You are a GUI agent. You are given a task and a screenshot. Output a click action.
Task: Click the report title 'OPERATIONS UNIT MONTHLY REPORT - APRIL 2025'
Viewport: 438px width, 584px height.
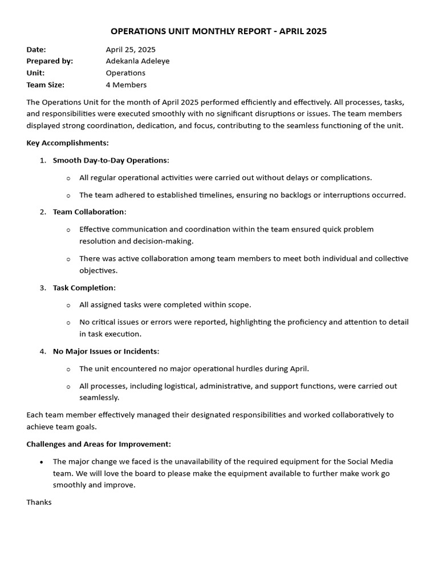point(218,31)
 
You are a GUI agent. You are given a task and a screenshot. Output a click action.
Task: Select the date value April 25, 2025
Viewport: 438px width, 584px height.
point(131,50)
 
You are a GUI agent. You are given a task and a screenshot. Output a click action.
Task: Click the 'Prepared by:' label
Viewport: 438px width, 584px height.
point(50,61)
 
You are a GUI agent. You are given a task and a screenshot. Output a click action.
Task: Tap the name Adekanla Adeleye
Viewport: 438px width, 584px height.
point(137,61)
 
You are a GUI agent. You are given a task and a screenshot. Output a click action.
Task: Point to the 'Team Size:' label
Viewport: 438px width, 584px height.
point(45,85)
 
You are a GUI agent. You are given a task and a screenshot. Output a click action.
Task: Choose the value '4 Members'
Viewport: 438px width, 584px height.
point(126,85)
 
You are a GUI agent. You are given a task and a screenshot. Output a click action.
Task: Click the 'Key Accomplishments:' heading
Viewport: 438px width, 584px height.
point(67,143)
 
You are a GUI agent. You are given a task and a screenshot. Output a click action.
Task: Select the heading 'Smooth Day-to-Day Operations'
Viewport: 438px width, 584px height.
point(111,160)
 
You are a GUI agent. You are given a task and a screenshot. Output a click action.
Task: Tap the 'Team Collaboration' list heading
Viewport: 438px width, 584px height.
point(89,212)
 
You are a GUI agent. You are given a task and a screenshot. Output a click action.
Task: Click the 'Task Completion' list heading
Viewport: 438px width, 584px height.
point(84,287)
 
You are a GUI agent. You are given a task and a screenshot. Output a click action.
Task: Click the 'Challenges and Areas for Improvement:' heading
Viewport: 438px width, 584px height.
point(99,444)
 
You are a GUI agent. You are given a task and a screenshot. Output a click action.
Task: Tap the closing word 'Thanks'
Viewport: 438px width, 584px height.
point(39,502)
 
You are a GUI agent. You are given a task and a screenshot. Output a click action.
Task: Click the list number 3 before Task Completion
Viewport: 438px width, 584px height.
point(42,287)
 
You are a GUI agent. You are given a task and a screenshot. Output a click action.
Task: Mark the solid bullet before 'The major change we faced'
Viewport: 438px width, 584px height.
point(41,461)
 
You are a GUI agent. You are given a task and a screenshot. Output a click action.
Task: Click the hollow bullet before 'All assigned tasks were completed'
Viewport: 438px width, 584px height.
point(68,305)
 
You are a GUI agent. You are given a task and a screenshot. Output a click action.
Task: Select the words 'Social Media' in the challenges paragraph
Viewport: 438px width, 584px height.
point(370,461)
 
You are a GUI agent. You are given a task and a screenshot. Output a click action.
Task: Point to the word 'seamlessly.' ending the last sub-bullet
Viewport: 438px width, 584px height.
point(99,398)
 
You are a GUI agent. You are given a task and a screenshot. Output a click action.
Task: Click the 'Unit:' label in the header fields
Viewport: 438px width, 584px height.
point(35,73)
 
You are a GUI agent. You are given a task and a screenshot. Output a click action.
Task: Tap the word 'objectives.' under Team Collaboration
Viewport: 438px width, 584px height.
point(98,270)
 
